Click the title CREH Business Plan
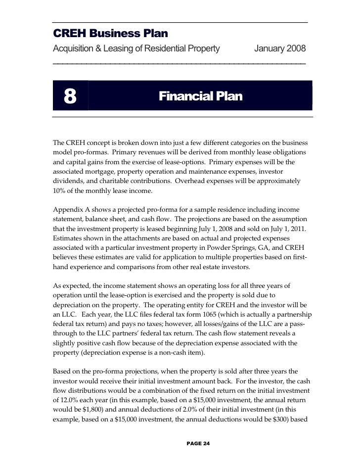111,34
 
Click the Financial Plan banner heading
200,96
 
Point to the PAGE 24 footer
198,443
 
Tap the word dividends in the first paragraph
69,181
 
